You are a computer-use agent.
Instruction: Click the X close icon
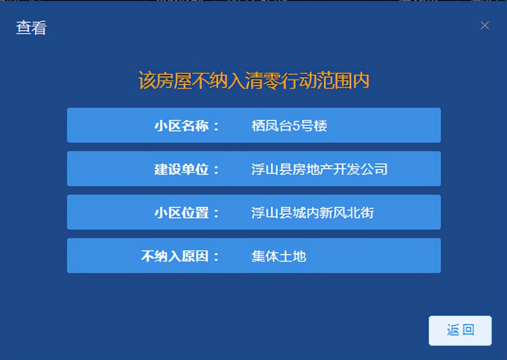(x=485, y=25)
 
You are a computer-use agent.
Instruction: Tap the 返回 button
(x=460, y=330)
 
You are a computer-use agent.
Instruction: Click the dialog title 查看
(x=31, y=28)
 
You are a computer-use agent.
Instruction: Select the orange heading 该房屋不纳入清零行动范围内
(x=254, y=81)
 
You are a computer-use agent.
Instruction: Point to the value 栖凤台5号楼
(x=289, y=125)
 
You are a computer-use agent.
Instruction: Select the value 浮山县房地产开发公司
(x=319, y=169)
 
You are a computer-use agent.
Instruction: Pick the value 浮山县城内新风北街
(x=313, y=213)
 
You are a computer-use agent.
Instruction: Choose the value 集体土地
(x=279, y=256)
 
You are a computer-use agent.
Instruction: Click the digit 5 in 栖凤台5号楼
(x=296, y=125)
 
